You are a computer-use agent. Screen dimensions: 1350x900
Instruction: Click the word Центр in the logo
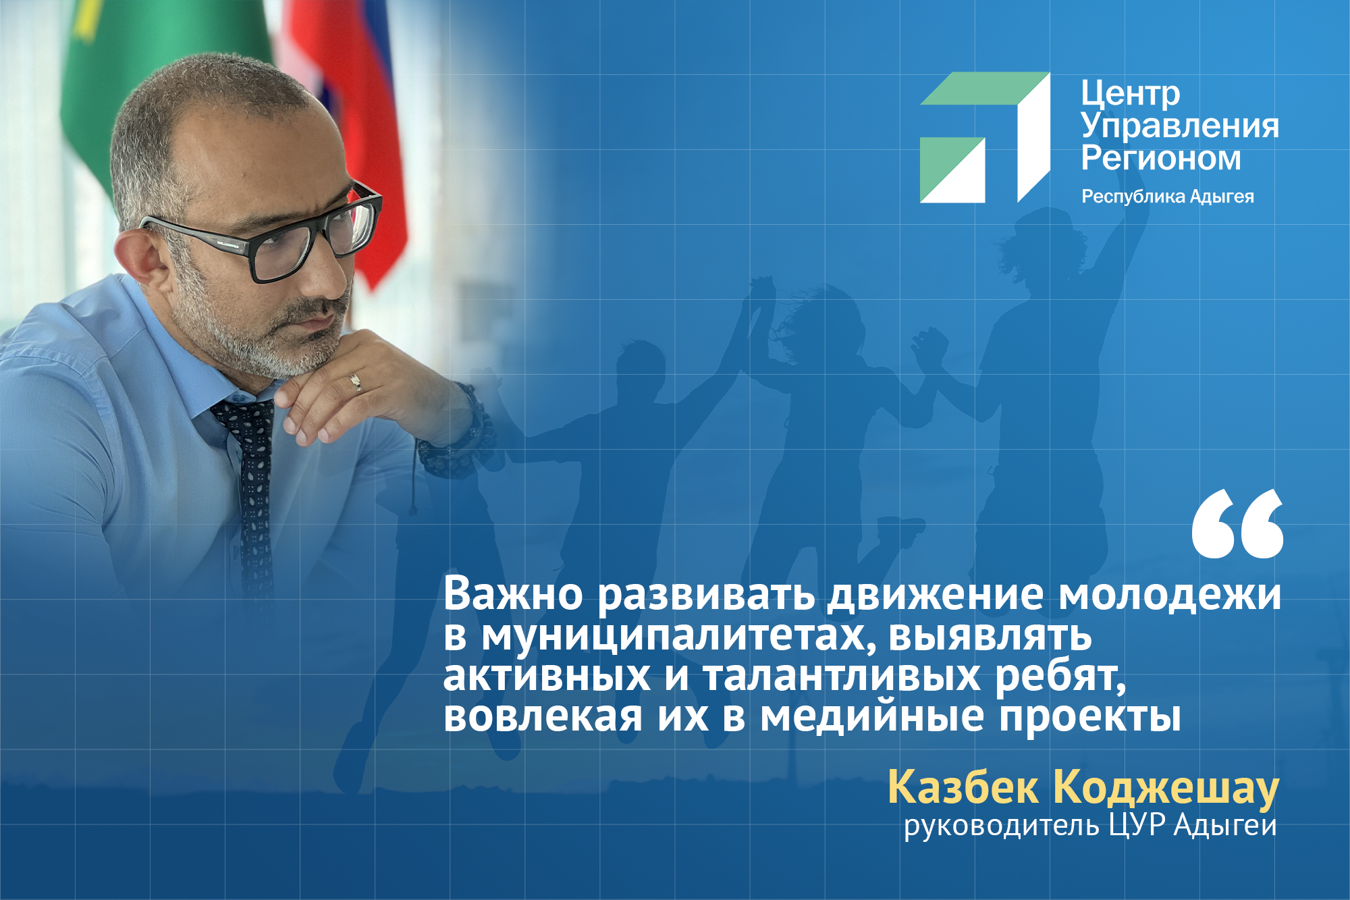pyautogui.click(x=1130, y=94)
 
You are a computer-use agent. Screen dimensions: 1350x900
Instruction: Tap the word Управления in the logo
pyautogui.click(x=1180, y=127)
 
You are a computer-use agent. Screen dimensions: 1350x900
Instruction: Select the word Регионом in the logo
pyautogui.click(x=1161, y=158)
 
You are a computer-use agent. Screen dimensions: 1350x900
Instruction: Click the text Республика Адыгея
pyautogui.click(x=1168, y=196)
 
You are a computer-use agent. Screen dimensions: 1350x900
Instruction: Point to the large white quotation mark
pyautogui.click(x=1237, y=524)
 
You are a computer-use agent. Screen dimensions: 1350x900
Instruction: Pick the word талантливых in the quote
pyautogui.click(x=842, y=676)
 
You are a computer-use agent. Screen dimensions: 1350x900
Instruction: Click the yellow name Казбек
pyautogui.click(x=963, y=787)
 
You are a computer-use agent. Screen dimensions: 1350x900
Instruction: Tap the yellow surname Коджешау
pyautogui.click(x=1166, y=789)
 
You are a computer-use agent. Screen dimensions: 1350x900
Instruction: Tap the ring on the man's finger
pyautogui.click(x=356, y=383)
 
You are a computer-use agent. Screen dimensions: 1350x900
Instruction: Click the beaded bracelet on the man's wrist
pyautogui.click(x=459, y=432)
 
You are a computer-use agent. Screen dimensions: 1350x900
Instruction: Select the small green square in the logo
pyautogui.click(x=952, y=169)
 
